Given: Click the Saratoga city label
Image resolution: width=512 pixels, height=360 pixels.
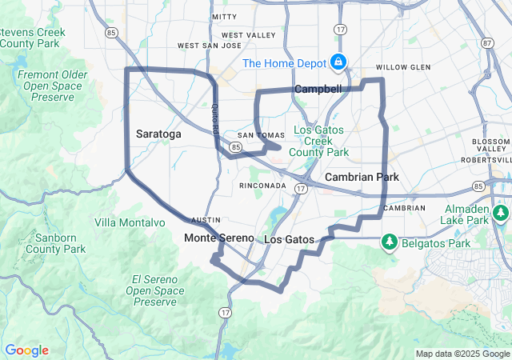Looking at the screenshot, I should pos(158,134).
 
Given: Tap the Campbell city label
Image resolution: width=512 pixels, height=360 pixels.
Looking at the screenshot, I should pos(318,89).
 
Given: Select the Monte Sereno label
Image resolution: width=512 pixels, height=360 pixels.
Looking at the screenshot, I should pos(218,238).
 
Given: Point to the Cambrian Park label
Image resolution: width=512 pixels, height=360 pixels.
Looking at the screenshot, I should pos(361,176).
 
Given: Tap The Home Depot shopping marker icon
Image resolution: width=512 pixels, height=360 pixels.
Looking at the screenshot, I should pos(338,62).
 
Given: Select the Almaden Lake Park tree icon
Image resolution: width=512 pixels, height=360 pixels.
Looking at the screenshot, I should pos(501,213).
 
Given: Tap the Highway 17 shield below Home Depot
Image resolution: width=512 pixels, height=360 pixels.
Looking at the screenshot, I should pos(341,30).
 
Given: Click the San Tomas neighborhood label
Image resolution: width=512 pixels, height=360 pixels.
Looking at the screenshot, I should pos(255,135).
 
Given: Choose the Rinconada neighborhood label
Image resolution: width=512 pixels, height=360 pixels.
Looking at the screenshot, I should pos(262,186).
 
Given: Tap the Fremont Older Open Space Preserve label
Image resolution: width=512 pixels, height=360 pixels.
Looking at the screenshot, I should pos(52,86).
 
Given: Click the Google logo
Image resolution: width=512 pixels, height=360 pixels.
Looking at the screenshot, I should pos(26,350).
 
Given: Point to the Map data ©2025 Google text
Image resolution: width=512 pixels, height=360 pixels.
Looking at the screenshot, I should pos(462,354).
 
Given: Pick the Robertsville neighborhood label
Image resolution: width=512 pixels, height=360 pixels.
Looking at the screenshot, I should pos(486,160).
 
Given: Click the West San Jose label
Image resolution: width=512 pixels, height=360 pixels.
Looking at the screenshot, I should pos(209,46).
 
